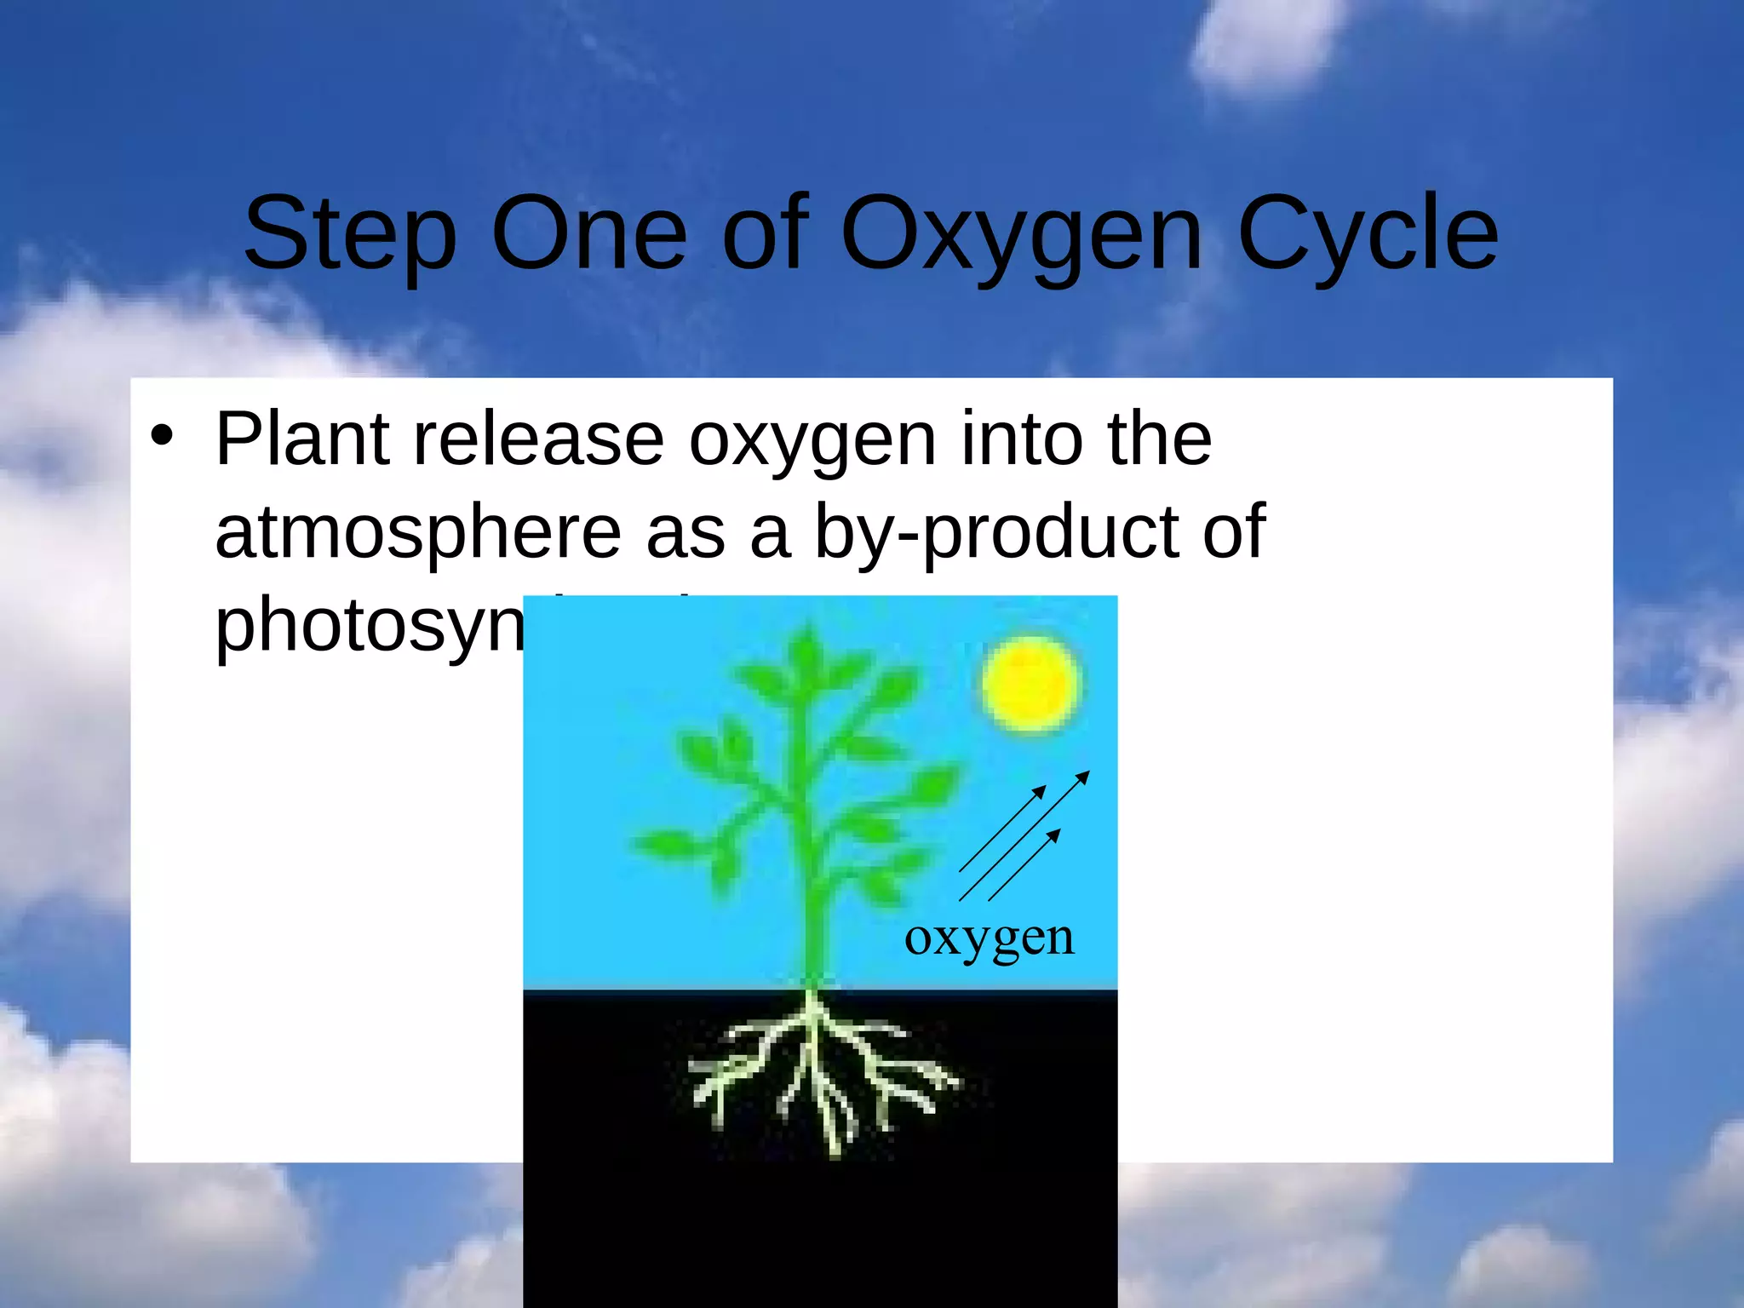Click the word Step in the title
(x=350, y=234)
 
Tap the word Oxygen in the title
(x=1021, y=234)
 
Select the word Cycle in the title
(x=1368, y=234)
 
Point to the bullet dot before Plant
(x=161, y=437)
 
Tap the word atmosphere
(x=417, y=531)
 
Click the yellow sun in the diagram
(x=1030, y=684)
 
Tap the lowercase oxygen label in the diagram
(x=990, y=938)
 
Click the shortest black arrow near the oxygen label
(x=1024, y=864)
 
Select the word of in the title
(x=764, y=234)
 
